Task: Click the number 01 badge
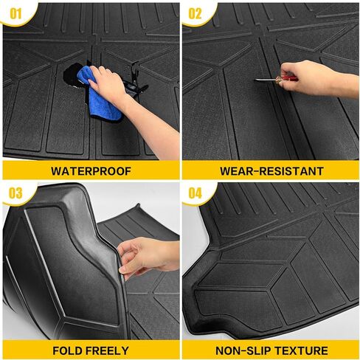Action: [15, 13]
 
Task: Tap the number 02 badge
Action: [195, 13]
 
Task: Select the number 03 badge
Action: [15, 193]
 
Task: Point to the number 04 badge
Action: [195, 193]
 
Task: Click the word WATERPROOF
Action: [91, 171]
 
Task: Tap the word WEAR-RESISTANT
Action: [271, 171]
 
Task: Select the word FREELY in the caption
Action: [110, 350]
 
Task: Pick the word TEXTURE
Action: [301, 350]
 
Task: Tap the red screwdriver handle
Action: [286, 79]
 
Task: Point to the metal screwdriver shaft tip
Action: [255, 80]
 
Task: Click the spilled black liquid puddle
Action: [74, 75]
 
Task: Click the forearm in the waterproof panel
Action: [153, 125]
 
